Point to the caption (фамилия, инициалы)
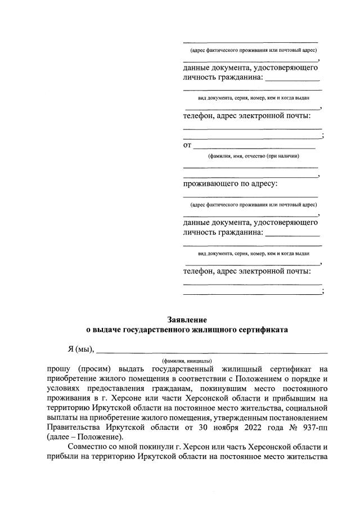187,359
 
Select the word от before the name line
188,145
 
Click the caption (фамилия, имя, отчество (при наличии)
253,156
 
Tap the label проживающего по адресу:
231,183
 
